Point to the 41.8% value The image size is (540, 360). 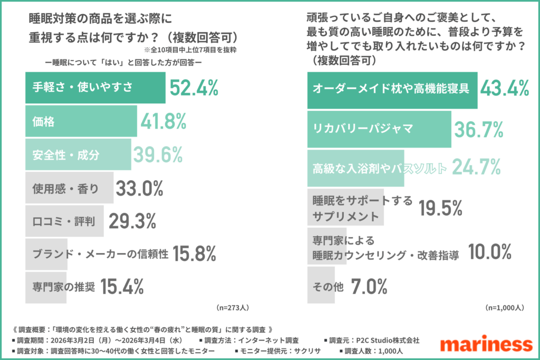point(163,122)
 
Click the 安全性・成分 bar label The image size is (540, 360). point(66,155)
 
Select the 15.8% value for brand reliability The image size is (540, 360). point(195,254)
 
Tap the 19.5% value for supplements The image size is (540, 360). point(440,209)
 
